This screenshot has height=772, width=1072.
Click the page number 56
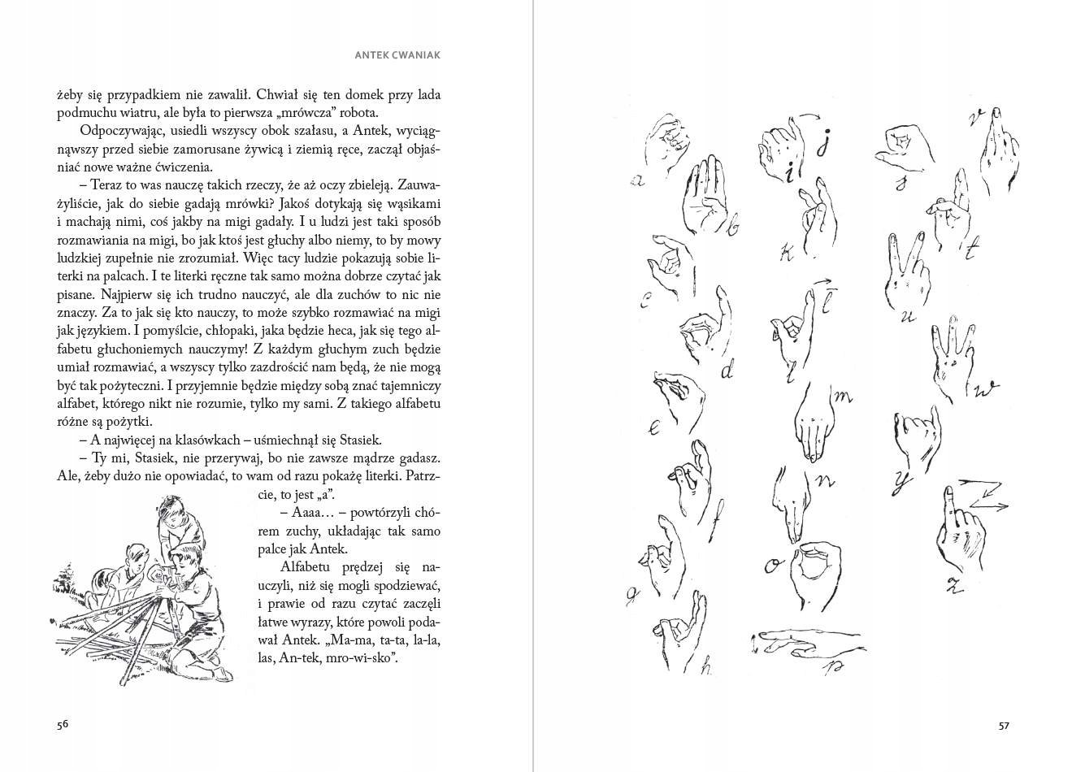[x=63, y=725]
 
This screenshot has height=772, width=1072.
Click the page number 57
[x=1004, y=725]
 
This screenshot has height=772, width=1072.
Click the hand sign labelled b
[x=705, y=195]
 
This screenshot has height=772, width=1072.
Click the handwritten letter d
[x=727, y=371]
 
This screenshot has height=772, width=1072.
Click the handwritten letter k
[x=787, y=254]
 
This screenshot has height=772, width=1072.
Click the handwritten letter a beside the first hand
[x=638, y=180]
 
